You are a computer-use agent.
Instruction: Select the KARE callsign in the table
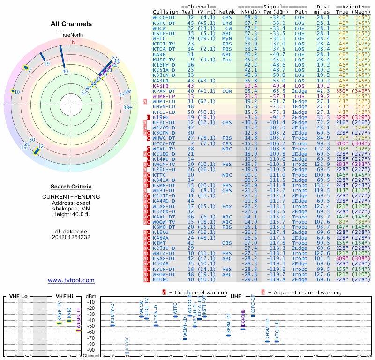159,54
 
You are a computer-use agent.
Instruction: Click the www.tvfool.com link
71,280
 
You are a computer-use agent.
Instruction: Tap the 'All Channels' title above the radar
71,24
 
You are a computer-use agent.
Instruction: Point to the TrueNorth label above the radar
70,35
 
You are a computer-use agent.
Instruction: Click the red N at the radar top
73,42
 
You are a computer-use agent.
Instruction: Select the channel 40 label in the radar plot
65,72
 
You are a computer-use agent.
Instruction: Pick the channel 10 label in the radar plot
17,92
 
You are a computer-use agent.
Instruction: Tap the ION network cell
227,91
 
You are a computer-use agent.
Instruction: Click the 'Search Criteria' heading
71,187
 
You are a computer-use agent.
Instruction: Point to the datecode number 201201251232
71,237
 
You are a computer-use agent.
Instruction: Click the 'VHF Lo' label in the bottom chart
18,297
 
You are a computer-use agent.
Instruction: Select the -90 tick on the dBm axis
90,350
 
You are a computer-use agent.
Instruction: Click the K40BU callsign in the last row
162,280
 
